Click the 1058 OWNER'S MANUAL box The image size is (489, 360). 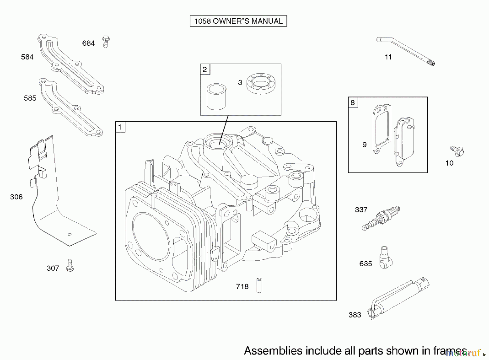coord(238,21)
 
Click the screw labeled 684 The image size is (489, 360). coord(106,42)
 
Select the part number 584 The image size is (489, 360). coord(27,57)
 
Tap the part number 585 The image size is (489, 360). coord(30,98)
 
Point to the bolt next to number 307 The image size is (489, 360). coord(70,265)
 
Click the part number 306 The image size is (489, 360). coord(16,197)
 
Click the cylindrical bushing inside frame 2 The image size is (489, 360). coord(216,97)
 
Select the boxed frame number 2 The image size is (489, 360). coord(205,70)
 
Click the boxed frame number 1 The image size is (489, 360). coord(120,127)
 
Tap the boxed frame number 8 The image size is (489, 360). coord(353,103)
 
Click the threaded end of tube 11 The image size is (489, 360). coord(431,63)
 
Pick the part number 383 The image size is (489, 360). coord(355,315)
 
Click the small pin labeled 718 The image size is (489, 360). coord(259,285)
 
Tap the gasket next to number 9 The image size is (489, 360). coord(382,129)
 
